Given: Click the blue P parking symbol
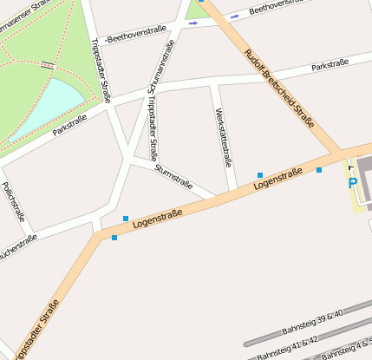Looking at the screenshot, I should pos(353,183).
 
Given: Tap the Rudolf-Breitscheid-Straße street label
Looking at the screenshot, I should pos(279,87).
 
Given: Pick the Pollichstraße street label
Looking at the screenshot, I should pos(13,201).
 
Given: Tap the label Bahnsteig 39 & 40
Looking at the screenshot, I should pos(313,322).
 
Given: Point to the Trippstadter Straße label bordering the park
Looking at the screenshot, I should pos(101,69).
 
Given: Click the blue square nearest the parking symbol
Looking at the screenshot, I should pos(319,169).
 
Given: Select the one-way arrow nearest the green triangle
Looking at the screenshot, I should pos(193,23).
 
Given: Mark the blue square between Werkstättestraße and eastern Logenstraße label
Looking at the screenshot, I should pos(260,175).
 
